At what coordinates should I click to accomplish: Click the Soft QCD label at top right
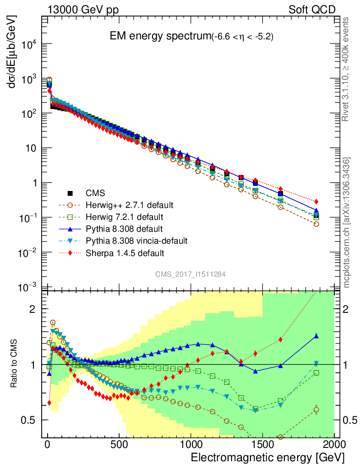click(x=312, y=10)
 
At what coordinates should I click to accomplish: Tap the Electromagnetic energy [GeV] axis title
click(x=267, y=458)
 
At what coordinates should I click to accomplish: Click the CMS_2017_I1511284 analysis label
click(x=190, y=274)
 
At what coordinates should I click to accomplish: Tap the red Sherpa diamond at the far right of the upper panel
click(x=316, y=202)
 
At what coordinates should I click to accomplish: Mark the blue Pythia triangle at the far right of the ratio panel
click(x=316, y=336)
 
